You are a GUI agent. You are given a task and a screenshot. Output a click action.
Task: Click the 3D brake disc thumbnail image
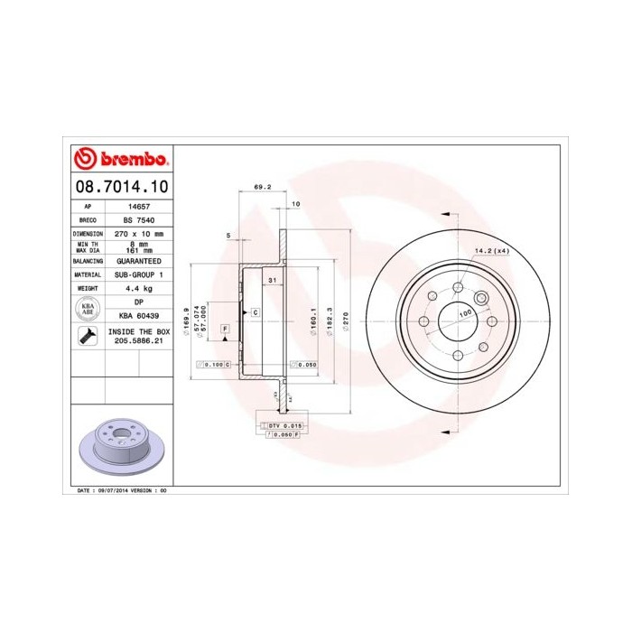click(x=119, y=447)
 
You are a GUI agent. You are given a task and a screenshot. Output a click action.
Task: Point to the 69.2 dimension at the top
click(x=261, y=187)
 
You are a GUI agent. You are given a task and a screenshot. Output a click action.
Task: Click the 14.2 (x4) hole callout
click(x=492, y=251)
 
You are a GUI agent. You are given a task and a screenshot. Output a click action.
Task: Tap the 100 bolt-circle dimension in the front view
click(x=465, y=312)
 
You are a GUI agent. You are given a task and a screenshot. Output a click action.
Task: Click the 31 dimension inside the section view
click(x=271, y=282)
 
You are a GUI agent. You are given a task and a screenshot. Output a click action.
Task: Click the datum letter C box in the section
click(x=256, y=311)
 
